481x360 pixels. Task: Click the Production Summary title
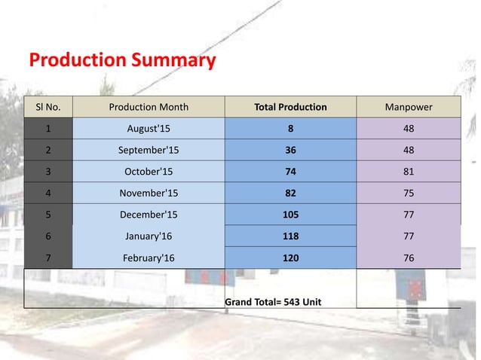pyautogui.click(x=121, y=59)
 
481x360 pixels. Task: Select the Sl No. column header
pyautogui.click(x=48, y=107)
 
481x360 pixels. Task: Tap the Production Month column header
pyautogui.click(x=149, y=107)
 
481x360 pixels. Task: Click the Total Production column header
pyautogui.click(x=290, y=107)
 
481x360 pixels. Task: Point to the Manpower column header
pyautogui.click(x=408, y=107)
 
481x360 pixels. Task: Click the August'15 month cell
pyautogui.click(x=149, y=128)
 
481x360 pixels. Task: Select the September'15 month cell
pyautogui.click(x=149, y=149)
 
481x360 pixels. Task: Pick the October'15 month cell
pyautogui.click(x=149, y=171)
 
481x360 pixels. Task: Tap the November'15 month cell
pyautogui.click(x=149, y=193)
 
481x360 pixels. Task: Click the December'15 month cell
pyautogui.click(x=149, y=215)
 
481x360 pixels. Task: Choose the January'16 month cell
pyautogui.click(x=149, y=236)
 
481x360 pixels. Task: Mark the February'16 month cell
pyautogui.click(x=149, y=258)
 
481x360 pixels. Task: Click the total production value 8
pyautogui.click(x=290, y=128)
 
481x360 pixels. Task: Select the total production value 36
pyautogui.click(x=290, y=149)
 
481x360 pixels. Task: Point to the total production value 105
pyautogui.click(x=290, y=215)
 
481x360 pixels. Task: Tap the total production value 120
pyautogui.click(x=290, y=258)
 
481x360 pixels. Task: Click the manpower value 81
pyautogui.click(x=408, y=171)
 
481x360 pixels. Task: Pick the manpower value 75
pyautogui.click(x=408, y=193)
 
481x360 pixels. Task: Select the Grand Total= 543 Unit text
pyautogui.click(x=273, y=302)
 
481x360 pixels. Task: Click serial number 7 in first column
pyautogui.click(x=48, y=258)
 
